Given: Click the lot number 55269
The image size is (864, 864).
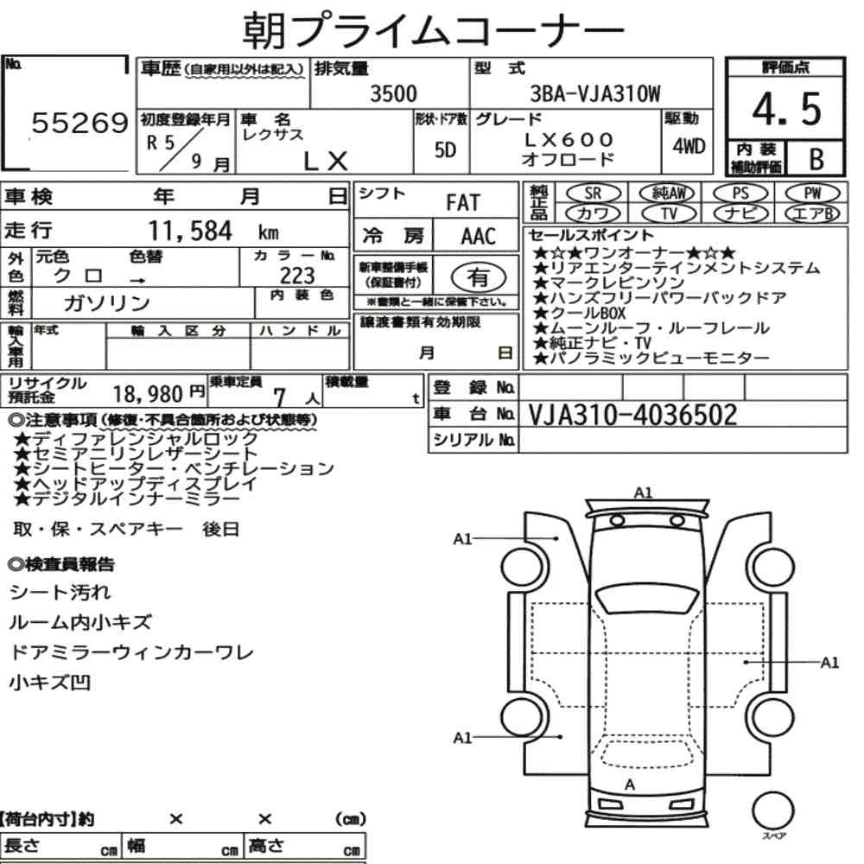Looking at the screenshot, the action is pos(79,123).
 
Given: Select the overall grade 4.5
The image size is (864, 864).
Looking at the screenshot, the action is pos(786,109).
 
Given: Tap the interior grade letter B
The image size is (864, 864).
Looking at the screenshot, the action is pos(816,159).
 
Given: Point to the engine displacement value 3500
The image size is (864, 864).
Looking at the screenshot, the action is pos(393,93).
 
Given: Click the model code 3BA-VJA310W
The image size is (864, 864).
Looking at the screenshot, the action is pos(594,93).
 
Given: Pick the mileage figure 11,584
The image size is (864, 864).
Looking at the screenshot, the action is pos(190,231).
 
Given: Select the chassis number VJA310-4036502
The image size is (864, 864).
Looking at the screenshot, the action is pos(632,415).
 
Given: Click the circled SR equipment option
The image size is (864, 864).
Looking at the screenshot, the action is pos(594,193).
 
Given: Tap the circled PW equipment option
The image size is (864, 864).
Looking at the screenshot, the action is pos(812,193).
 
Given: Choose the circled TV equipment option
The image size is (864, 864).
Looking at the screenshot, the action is pos(669,213).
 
